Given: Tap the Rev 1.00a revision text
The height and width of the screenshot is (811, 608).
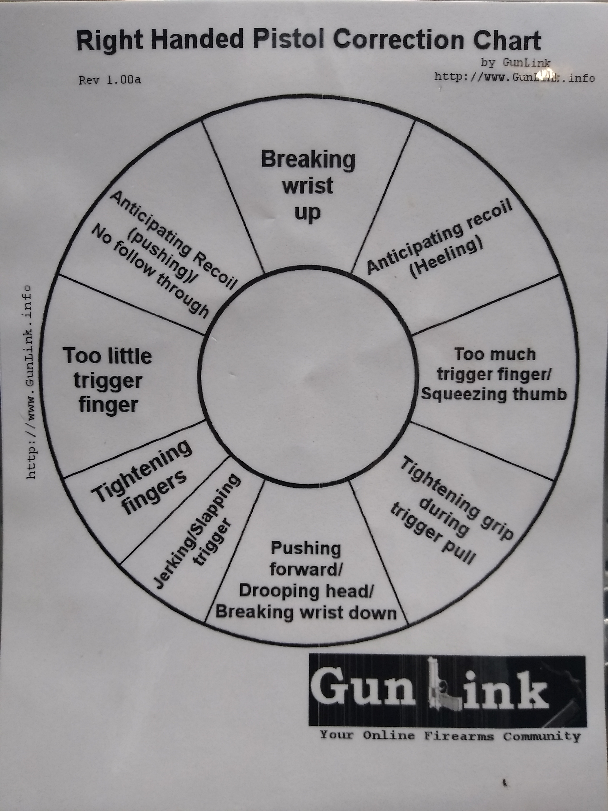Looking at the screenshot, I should click(x=110, y=80).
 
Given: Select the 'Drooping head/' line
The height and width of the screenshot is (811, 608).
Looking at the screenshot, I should click(x=306, y=591).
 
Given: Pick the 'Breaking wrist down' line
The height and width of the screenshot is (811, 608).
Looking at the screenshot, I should click(x=306, y=612).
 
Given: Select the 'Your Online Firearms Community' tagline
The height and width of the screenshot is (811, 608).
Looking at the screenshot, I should click(x=450, y=736).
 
